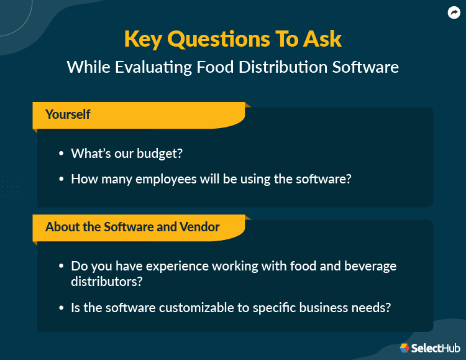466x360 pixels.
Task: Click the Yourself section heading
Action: pyautogui.click(x=68, y=114)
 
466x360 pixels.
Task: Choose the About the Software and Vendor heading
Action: pyautogui.click(x=132, y=227)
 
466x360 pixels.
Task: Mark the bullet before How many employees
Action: pyautogui.click(x=61, y=179)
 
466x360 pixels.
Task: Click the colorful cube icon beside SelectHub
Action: pyautogui.click(x=404, y=348)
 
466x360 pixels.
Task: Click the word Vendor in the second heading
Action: pyautogui.click(x=199, y=227)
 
